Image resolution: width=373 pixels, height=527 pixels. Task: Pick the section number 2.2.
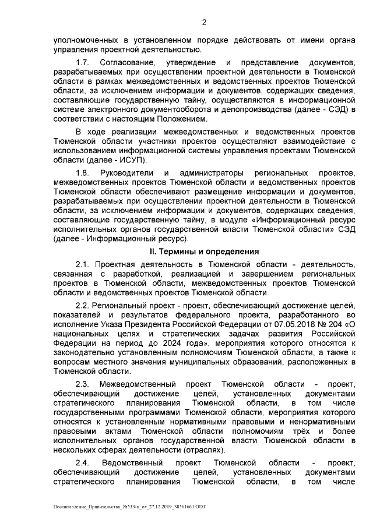tap(83, 305)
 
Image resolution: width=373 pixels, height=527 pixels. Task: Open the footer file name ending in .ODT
tap(129, 508)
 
